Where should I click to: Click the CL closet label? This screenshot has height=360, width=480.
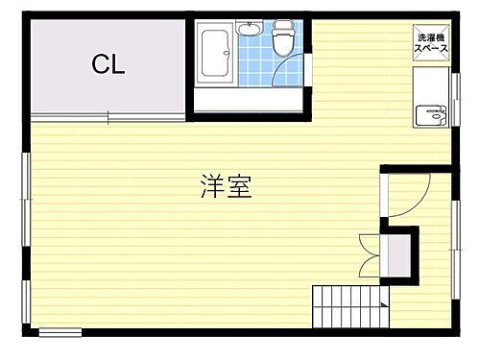pos(108,65)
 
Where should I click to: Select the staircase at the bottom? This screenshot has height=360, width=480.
pos(348,307)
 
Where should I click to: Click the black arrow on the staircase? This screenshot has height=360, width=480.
pos(384,305)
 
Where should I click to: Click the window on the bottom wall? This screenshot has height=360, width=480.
pos(60,332)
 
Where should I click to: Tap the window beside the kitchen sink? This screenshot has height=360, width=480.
pos(454,96)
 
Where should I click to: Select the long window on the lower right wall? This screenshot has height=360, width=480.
pos(454,240)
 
